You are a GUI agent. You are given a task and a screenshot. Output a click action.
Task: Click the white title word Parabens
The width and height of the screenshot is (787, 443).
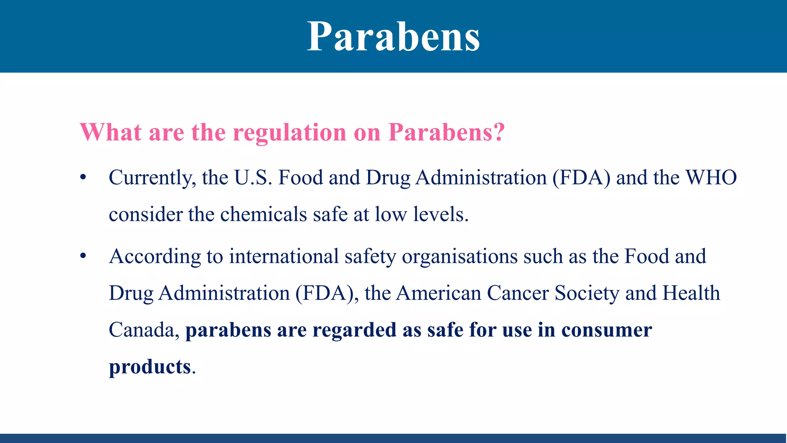click(x=393, y=37)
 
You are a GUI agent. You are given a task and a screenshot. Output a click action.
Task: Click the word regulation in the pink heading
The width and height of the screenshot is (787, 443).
click(x=290, y=133)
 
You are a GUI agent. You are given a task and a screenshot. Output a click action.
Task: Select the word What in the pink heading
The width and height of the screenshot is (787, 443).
click(x=111, y=133)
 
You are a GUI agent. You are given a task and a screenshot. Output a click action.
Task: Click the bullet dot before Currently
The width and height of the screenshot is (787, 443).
click(x=83, y=178)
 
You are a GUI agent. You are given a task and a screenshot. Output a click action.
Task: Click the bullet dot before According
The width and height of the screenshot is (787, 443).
click(x=83, y=256)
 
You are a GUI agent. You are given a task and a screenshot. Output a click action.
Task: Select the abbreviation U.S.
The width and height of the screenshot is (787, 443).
click(x=253, y=178)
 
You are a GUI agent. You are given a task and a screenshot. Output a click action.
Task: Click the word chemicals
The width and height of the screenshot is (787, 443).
click(x=263, y=215)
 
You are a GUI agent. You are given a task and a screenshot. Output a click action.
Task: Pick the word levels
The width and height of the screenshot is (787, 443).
click(x=440, y=215)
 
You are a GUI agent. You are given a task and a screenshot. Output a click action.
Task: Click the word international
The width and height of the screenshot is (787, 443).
click(x=284, y=256)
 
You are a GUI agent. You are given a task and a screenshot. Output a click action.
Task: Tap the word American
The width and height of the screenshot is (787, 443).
click(x=438, y=293)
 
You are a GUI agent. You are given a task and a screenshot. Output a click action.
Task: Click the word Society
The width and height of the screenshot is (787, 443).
click(x=587, y=293)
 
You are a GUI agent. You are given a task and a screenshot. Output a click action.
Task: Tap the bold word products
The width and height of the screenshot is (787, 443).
click(x=150, y=367)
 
